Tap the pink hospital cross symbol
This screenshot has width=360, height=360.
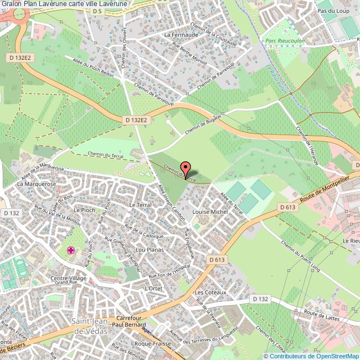(x=71, y=251)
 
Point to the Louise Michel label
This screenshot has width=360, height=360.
(x=210, y=212)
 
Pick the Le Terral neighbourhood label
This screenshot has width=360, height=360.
(x=140, y=204)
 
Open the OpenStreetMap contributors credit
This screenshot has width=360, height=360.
(x=311, y=356)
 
